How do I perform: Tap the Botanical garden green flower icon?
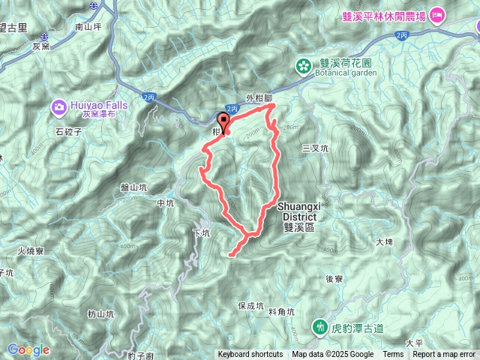click(x=304, y=65)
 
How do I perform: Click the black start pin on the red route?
click(x=223, y=123)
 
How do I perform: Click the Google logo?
click(x=28, y=349)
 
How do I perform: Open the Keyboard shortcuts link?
click(x=250, y=355)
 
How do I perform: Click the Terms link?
click(x=393, y=355)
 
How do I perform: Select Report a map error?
click(x=445, y=355)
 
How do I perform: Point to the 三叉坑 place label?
click(x=315, y=148)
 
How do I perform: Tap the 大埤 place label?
click(x=384, y=241)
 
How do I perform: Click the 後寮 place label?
click(x=334, y=278)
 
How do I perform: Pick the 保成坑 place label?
click(x=250, y=306)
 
